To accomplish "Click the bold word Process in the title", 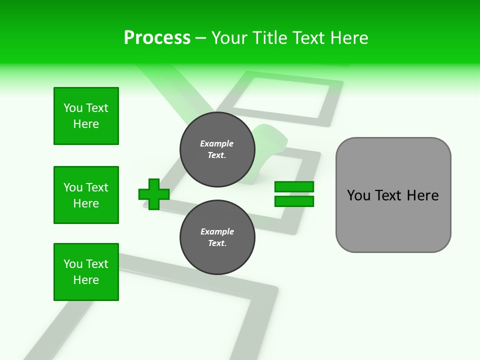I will (157, 37).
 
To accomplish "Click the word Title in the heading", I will (268, 38).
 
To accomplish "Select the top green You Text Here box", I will (86, 116).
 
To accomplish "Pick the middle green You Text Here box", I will (86, 195).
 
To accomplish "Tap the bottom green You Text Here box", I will (86, 272).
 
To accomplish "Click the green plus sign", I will (153, 194).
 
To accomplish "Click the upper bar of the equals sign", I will (294, 187).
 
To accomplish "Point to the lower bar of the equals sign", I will (294, 201).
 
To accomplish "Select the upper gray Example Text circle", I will (217, 149).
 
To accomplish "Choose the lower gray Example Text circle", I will (217, 237).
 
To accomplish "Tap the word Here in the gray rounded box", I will (422, 195).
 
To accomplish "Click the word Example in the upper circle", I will (217, 143).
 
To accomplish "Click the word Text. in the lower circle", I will (217, 243).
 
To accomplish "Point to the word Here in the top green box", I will (86, 124).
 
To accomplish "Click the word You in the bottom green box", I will (73, 264).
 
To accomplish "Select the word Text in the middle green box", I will (96, 187).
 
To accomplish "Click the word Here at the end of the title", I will (349, 38).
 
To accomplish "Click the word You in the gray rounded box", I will (358, 195).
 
